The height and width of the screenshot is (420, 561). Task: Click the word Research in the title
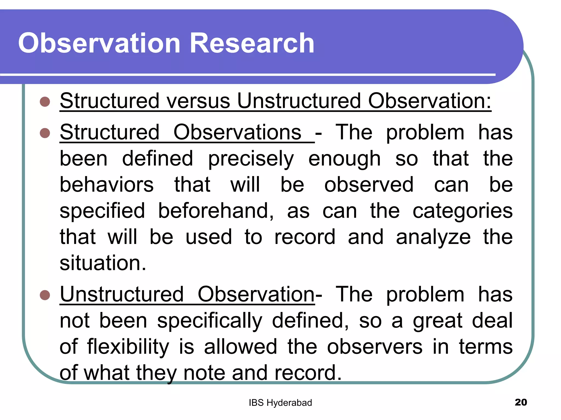point(251,43)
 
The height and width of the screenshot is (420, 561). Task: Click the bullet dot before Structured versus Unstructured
point(45,102)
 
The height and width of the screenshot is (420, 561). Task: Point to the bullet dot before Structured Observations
point(45,133)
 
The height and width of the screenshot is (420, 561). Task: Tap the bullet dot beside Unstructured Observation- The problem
point(45,295)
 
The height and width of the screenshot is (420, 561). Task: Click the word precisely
point(251,159)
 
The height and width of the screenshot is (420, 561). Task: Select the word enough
point(344,159)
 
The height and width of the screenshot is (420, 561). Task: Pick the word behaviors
point(107,185)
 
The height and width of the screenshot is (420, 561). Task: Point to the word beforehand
point(216,211)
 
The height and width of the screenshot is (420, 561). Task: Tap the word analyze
point(433,237)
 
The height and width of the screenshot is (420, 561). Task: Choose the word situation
point(103,263)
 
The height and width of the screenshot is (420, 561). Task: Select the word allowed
point(241,347)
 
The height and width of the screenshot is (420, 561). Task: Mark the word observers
point(375,347)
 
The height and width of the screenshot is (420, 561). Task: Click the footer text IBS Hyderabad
point(280,403)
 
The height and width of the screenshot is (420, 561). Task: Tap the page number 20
point(521,402)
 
